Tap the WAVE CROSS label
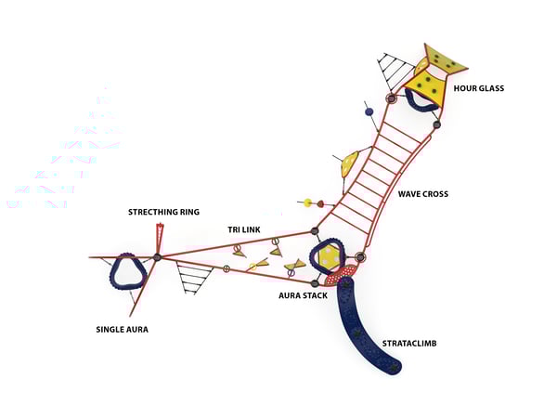[422, 194]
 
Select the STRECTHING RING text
[163, 213]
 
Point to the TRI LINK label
[242, 229]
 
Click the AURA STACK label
[301, 295]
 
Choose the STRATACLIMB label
[409, 343]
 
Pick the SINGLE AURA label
[122, 329]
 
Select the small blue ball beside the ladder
[369, 111]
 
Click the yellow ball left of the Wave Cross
[306, 202]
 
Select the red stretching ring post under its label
[161, 235]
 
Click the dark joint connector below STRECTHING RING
[158, 256]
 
